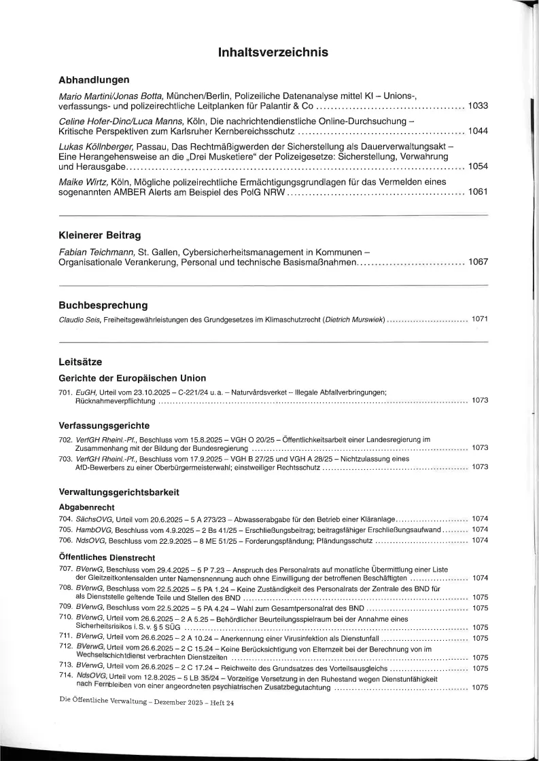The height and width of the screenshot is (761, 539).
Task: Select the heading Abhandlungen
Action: (94, 80)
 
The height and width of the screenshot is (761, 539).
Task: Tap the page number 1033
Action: (478, 107)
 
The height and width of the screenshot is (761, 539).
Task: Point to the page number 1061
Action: (478, 193)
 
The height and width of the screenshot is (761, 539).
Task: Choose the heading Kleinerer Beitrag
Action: (100, 236)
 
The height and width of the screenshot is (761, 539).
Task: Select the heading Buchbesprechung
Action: (103, 305)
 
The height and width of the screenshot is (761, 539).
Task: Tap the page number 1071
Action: (479, 319)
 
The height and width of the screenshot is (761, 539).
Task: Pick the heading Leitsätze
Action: (80, 363)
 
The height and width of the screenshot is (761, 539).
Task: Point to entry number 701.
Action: (66, 392)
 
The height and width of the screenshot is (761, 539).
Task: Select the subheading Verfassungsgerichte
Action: (105, 426)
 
